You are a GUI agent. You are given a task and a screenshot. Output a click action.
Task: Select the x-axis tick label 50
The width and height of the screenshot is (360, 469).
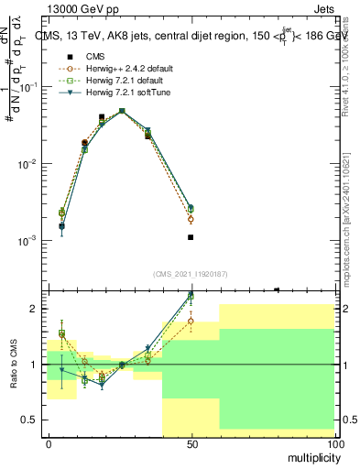tap(191, 444)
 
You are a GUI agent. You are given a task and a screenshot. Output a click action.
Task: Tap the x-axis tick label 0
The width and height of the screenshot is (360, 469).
tap(49, 444)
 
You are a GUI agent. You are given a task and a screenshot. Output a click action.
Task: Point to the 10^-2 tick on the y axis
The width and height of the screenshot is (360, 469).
tap(29, 164)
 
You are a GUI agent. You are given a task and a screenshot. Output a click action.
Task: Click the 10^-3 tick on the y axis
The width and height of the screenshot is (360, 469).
tap(29, 241)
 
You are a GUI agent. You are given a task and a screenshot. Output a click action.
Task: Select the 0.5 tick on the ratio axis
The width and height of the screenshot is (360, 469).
tap(29, 420)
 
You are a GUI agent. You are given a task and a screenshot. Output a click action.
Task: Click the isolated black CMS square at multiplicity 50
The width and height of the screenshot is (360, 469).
tap(191, 237)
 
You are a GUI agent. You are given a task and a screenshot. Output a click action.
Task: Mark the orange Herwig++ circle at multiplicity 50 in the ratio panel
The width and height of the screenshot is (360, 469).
tap(191, 321)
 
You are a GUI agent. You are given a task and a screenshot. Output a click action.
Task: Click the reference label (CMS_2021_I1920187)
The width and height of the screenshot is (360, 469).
tap(190, 274)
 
